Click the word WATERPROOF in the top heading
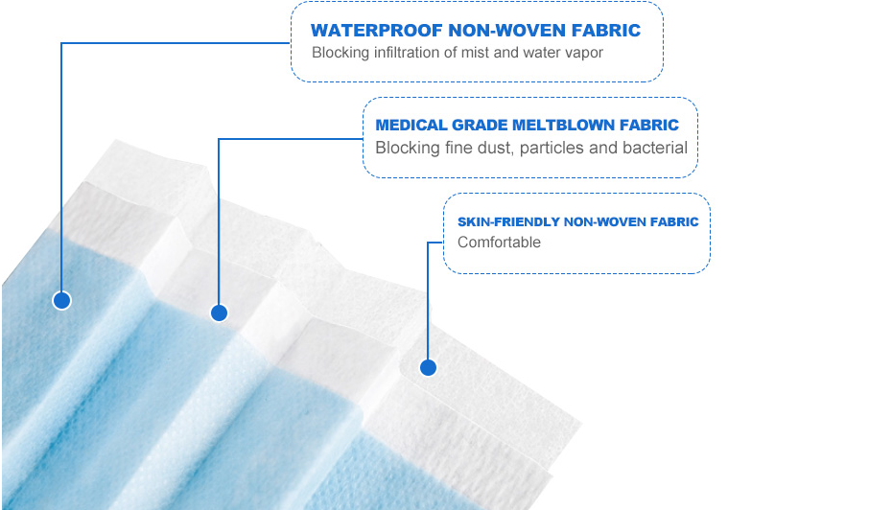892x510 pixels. (377, 30)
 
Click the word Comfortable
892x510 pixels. (499, 243)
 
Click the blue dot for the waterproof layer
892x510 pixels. (62, 300)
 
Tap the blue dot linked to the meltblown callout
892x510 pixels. (219, 313)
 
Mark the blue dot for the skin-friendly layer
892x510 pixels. (429, 368)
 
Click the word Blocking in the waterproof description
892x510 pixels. (340, 53)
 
